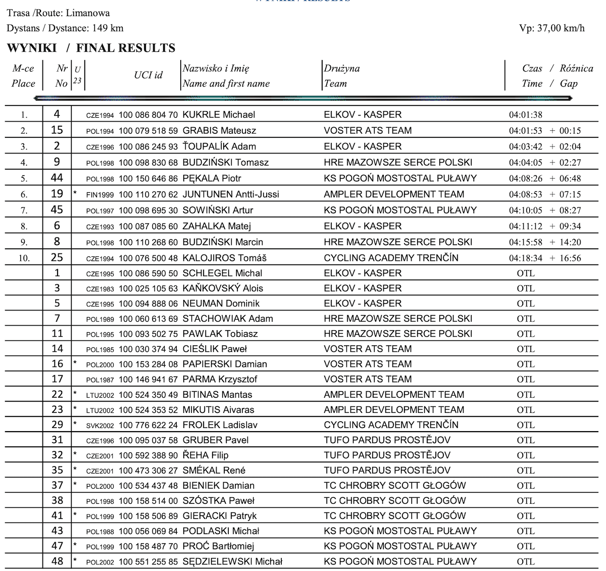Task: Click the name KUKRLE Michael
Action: (x=219, y=115)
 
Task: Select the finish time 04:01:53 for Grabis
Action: (x=525, y=131)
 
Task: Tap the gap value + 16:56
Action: (x=565, y=258)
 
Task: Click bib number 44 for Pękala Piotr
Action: (x=57, y=178)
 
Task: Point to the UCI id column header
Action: (x=148, y=75)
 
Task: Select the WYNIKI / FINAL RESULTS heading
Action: (x=91, y=48)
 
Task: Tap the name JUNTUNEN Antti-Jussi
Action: (x=230, y=194)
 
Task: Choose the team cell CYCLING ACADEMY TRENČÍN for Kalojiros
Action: (x=391, y=258)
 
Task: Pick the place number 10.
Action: (x=24, y=258)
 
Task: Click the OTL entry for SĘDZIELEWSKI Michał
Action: (x=525, y=561)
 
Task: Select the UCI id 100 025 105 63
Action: (x=148, y=289)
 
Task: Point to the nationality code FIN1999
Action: (x=101, y=195)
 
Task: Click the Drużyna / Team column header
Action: (x=342, y=76)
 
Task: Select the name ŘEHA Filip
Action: (x=205, y=455)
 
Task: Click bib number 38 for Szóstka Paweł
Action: (x=57, y=500)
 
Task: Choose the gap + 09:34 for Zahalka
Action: (x=565, y=226)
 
